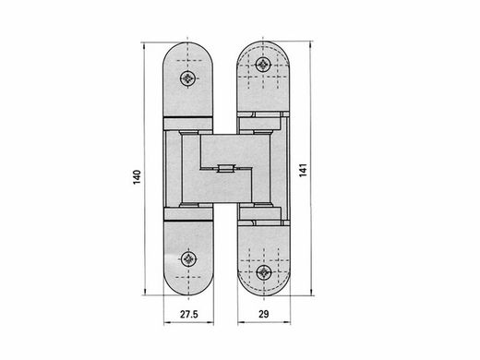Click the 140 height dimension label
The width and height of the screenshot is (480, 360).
click(x=137, y=177)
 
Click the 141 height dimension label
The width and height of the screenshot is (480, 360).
click(x=303, y=170)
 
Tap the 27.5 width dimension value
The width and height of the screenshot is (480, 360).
click(x=189, y=314)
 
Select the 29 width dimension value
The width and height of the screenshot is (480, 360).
click(x=264, y=314)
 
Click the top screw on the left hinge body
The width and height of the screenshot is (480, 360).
click(x=187, y=78)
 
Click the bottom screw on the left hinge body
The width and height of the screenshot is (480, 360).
click(x=188, y=259)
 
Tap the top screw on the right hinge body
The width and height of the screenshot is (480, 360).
click(x=263, y=65)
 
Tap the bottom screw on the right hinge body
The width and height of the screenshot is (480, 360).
click(x=264, y=272)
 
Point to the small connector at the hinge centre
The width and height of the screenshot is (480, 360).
click(x=226, y=169)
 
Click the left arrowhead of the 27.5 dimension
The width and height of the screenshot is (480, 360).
click(x=167, y=322)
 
